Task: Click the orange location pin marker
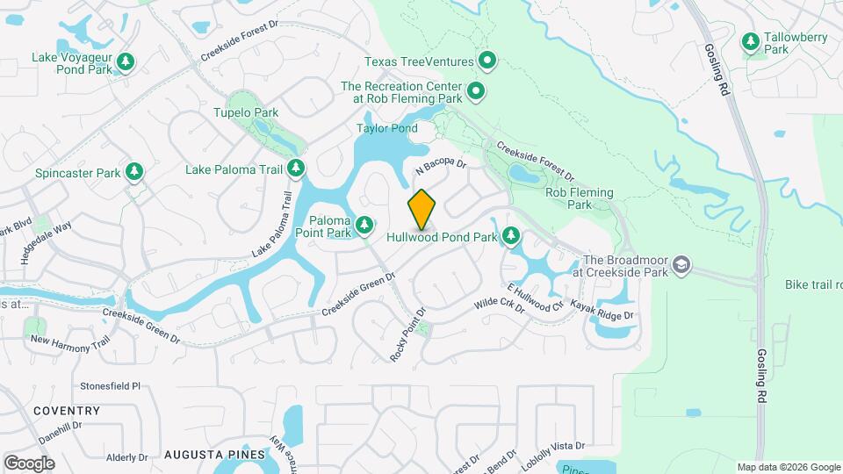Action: coord(421,210)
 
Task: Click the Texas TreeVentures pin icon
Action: coord(487,61)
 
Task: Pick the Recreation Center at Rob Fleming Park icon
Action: coord(476,91)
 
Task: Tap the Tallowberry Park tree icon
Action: coord(751,40)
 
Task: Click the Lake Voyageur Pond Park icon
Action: coord(126,61)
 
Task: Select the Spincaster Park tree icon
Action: coord(134,171)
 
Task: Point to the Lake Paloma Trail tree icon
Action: coord(297,168)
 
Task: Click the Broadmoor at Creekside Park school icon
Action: coord(681,265)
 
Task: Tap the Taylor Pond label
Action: coord(386,128)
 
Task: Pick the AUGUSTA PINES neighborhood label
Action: coord(214,455)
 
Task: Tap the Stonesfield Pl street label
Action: coord(111,385)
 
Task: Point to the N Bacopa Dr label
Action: coord(440,162)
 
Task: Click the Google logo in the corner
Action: coord(29,463)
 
